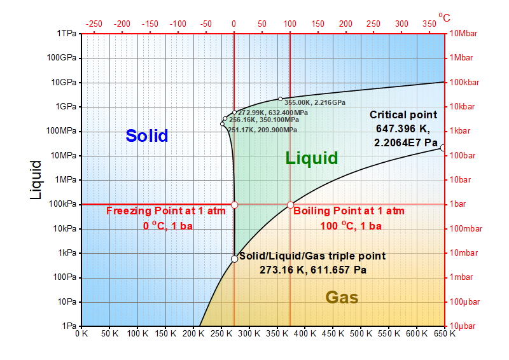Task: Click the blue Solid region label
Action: click(x=146, y=135)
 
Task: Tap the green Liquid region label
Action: click(x=311, y=158)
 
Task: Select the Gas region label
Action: click(x=342, y=297)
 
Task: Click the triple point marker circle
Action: click(x=234, y=259)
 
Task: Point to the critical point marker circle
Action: click(x=443, y=148)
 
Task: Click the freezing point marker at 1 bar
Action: click(x=234, y=205)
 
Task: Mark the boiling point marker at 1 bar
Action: click(x=290, y=205)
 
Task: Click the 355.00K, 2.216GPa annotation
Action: click(x=315, y=102)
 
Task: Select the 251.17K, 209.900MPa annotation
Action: click(x=262, y=130)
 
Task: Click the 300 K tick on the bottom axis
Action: click(x=249, y=333)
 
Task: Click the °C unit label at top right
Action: click(x=444, y=17)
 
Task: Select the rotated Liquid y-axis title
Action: click(x=37, y=179)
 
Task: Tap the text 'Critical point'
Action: click(x=403, y=115)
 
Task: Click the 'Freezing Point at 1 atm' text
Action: click(x=165, y=211)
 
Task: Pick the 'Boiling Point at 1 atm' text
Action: click(x=349, y=211)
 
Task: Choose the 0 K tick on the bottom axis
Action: click(x=81, y=333)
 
